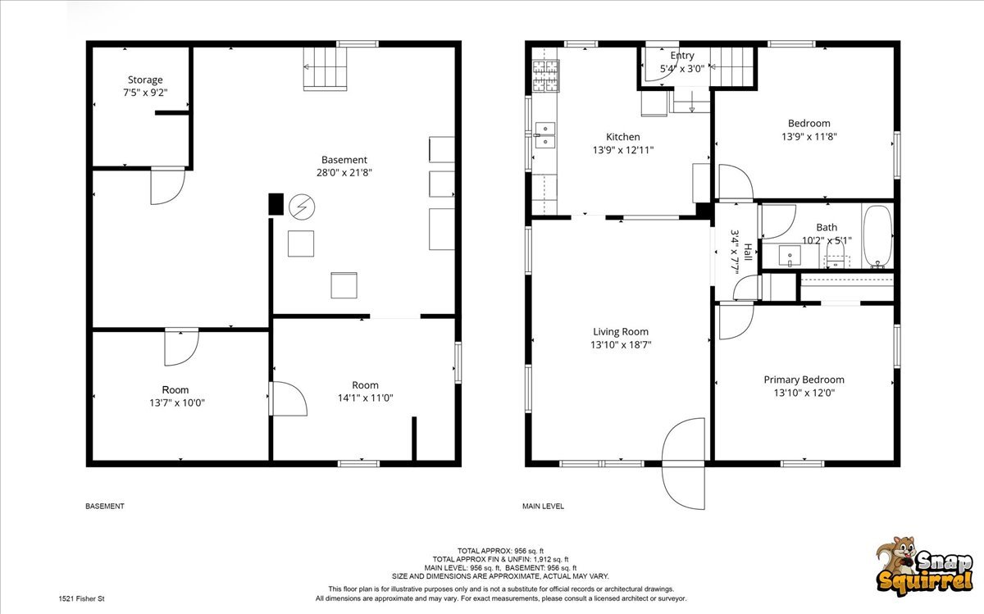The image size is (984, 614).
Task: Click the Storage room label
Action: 145,80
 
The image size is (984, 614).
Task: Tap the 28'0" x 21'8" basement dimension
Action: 344,173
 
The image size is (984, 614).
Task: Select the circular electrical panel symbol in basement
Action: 302,207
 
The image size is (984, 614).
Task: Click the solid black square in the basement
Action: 276,204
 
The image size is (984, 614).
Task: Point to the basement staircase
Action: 325,69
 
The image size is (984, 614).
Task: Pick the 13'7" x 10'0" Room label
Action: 176,396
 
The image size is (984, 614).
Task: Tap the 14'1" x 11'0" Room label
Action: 365,391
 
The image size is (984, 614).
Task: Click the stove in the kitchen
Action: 546,76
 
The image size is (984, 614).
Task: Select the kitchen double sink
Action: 544,135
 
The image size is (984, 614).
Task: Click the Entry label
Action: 682,56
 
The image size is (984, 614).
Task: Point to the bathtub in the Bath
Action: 877,236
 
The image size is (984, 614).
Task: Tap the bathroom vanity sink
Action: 790,256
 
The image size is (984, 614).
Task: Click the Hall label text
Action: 748,252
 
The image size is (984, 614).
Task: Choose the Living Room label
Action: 621,332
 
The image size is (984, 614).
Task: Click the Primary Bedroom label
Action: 804,380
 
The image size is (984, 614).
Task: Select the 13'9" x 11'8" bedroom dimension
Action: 809,137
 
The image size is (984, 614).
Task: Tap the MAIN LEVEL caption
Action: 543,506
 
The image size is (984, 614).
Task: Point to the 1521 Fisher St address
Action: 82,598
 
